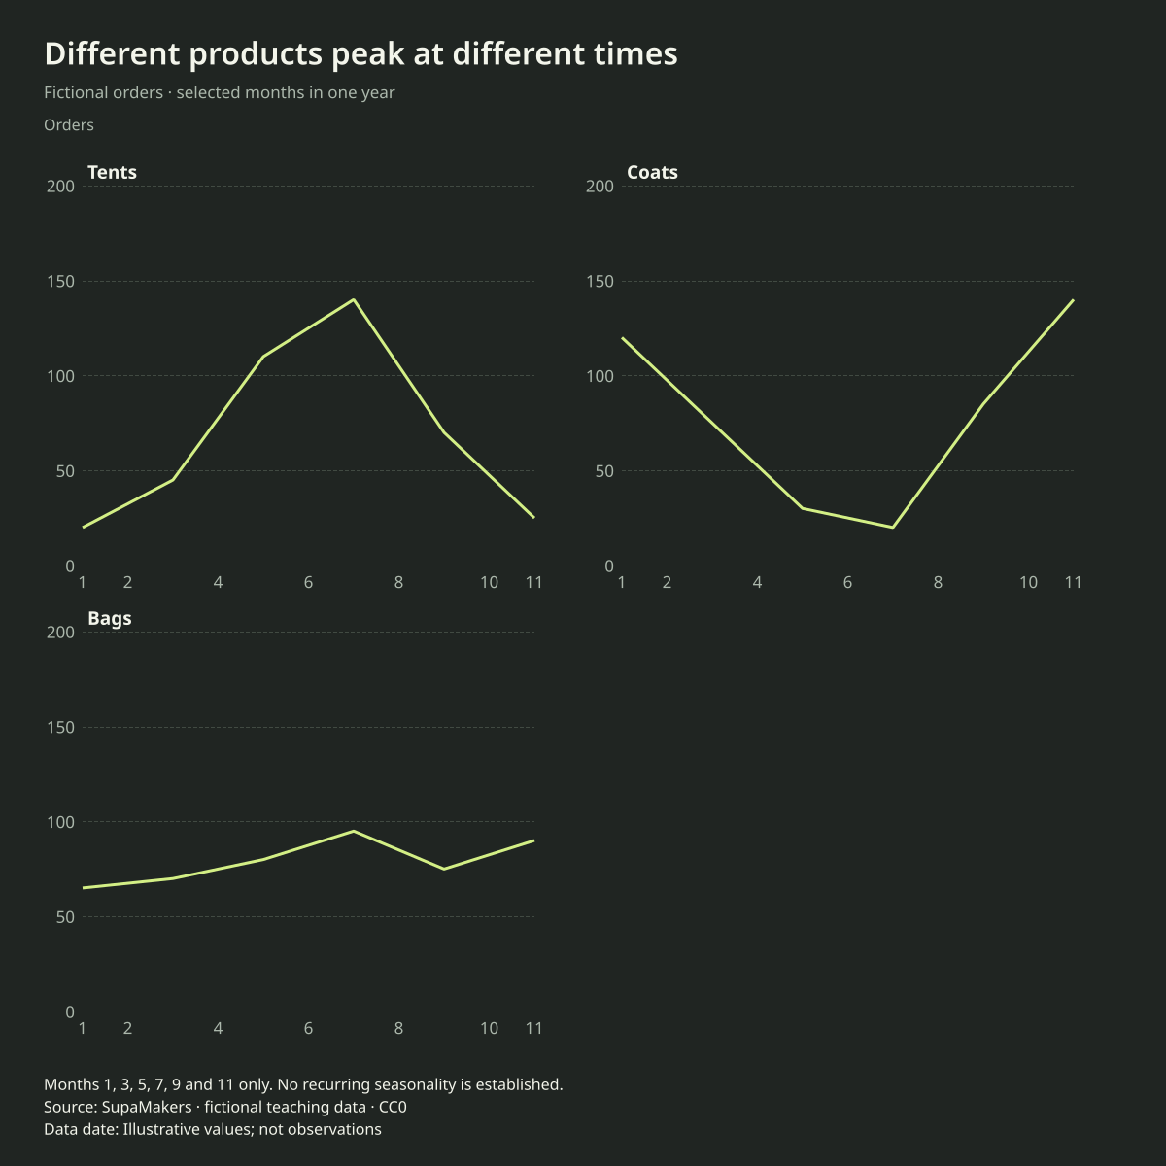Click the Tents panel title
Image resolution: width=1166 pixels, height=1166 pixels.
(112, 172)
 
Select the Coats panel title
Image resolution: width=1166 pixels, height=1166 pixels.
(652, 172)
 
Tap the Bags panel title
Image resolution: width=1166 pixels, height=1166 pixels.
(110, 618)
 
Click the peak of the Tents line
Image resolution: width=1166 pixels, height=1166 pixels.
(354, 299)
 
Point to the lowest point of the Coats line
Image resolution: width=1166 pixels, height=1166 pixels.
(893, 527)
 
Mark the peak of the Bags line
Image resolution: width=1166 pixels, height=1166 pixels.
(354, 831)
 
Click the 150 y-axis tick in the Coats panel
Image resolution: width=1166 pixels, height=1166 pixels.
(600, 282)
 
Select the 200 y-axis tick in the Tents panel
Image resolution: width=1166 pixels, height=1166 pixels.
(60, 187)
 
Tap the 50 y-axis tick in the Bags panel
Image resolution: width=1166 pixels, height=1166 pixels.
(65, 917)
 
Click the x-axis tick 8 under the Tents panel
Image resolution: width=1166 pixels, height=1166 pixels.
(398, 583)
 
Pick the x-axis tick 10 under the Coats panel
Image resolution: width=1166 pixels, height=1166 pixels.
(1028, 583)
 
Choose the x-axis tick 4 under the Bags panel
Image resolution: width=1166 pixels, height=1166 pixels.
(218, 1029)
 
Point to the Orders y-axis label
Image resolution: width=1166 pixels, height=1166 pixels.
(69, 125)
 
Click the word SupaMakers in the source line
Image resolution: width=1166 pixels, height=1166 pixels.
(147, 1108)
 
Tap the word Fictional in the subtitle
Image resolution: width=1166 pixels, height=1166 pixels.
(103, 92)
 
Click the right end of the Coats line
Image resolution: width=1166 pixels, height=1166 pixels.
(1073, 299)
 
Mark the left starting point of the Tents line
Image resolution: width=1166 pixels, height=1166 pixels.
(83, 527)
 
